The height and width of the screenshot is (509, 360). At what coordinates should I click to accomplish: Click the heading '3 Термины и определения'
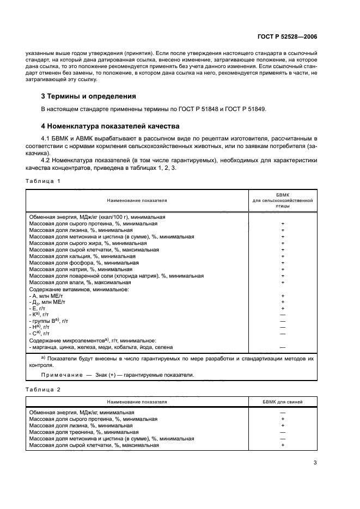[x=89, y=96]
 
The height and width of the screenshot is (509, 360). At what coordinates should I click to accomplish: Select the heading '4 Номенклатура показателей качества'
[x=107, y=126]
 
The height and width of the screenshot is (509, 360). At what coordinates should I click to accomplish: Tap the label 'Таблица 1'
[x=43, y=180]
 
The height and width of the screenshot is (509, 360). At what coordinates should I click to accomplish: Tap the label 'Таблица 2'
[x=43, y=389]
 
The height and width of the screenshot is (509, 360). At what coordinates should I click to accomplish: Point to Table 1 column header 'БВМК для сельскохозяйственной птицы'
[x=283, y=200]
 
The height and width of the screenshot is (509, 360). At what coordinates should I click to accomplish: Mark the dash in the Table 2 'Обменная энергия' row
[x=283, y=413]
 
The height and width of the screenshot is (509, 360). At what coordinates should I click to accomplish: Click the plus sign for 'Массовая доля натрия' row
[x=283, y=269]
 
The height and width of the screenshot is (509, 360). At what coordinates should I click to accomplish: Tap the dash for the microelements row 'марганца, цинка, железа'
[x=283, y=346]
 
